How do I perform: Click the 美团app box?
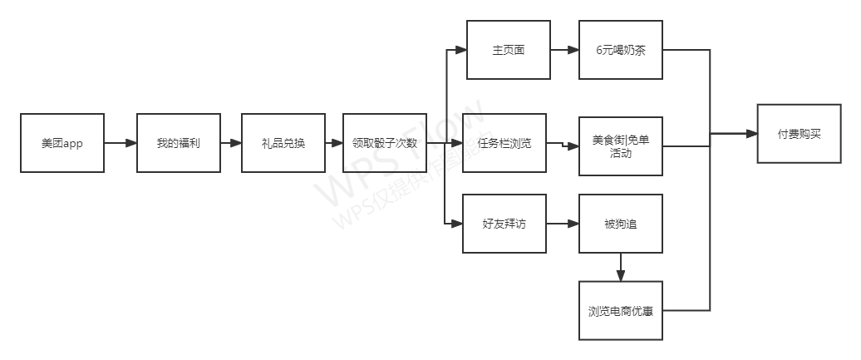[x=62, y=143]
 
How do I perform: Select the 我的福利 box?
[x=179, y=143]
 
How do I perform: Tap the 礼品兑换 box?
[x=283, y=143]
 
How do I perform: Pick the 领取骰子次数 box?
[x=385, y=143]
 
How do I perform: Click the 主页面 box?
[x=509, y=50]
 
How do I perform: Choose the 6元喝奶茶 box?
[x=621, y=50]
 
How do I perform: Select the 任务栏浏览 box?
[x=504, y=143]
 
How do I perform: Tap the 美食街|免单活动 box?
[x=621, y=145]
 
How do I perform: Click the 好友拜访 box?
[x=504, y=224]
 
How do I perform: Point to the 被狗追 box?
[x=621, y=224]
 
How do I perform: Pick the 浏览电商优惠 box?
[x=621, y=311]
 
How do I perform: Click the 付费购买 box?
[x=799, y=134]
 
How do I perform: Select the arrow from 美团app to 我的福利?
[x=121, y=143]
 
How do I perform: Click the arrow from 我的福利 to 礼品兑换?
[x=231, y=143]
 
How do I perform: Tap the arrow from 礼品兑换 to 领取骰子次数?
[x=334, y=143]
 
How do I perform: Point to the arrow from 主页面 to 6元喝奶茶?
[x=564, y=50]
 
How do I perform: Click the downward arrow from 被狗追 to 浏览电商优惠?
[x=621, y=267]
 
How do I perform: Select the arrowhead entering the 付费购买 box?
[x=750, y=134]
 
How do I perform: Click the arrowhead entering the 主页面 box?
[x=461, y=50]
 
